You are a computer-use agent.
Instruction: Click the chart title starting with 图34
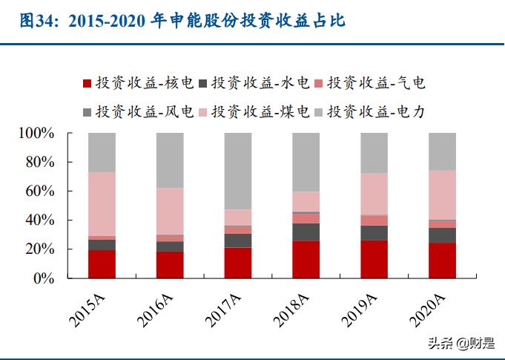point(182,22)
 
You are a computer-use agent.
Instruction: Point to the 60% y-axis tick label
point(39,192)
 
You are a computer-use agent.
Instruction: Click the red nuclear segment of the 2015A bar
point(102,264)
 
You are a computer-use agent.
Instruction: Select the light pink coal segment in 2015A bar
point(102,204)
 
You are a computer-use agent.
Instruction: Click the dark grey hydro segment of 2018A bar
point(306,232)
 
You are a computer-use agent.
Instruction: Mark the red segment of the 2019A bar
point(374,259)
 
